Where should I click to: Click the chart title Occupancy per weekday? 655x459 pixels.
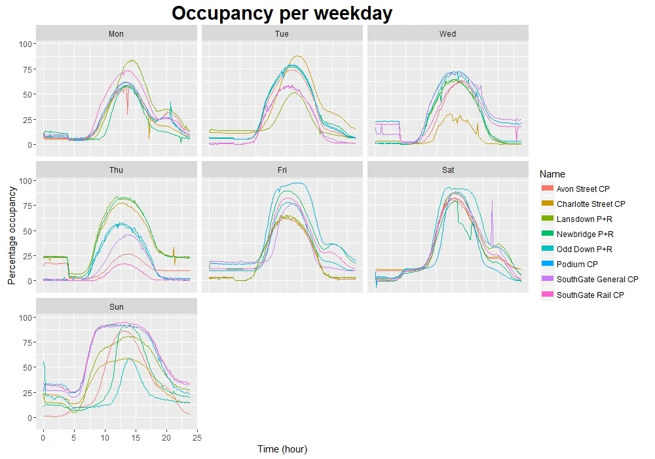pos(282,13)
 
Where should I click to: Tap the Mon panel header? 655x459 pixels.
pos(117,33)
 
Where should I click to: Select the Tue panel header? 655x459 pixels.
pos(282,33)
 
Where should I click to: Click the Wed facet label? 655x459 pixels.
pos(448,33)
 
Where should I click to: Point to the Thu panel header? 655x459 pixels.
pos(117,170)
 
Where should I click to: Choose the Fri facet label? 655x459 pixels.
pos(282,170)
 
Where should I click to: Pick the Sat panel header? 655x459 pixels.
pos(448,170)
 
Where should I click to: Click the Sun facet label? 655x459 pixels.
pos(117,306)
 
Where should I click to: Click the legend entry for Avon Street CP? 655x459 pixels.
pos(583,189)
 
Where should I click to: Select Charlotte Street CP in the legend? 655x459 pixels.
pos(591,204)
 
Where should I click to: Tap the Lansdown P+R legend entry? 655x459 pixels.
pos(584,219)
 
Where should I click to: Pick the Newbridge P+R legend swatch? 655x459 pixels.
pos(548,234)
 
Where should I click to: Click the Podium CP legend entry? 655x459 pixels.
pos(577,265)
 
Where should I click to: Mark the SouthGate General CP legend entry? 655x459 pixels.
pos(597,280)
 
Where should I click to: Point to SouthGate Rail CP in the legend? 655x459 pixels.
pos(590,295)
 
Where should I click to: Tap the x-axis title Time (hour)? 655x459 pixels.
pos(282,449)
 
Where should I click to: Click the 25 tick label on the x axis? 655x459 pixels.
pos(197,437)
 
